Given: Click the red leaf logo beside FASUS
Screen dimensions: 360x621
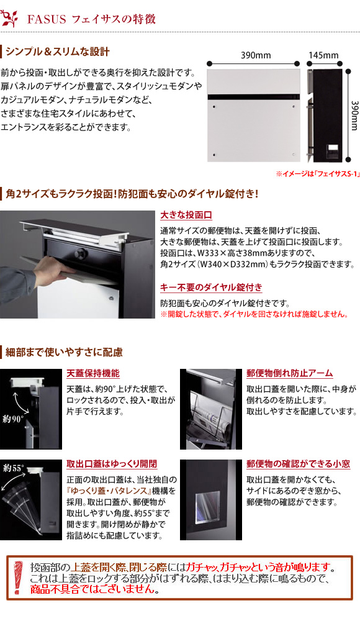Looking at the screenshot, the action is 10,18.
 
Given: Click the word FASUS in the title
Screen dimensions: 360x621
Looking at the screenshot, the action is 47,19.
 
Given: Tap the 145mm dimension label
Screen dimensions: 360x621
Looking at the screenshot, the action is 323,55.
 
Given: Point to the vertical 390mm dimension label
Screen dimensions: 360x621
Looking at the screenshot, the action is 354,116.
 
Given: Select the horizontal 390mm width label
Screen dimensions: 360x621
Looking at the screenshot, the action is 256,55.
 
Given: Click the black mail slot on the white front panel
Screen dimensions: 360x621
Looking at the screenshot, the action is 254,97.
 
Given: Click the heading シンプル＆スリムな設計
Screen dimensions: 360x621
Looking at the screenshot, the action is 58,52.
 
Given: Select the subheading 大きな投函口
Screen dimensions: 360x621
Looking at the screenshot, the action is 186,215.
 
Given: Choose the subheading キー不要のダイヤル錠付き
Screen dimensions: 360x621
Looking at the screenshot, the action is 211,287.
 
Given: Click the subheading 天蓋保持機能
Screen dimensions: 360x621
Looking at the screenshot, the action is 92,373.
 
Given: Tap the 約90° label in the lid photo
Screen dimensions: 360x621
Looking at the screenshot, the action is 13,419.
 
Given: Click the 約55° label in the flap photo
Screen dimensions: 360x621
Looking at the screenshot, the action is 14,468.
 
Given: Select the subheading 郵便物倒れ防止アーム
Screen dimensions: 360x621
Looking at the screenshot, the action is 289,373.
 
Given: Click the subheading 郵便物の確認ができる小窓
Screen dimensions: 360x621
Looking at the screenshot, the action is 298,464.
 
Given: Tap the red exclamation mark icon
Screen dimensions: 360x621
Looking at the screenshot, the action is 17,578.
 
